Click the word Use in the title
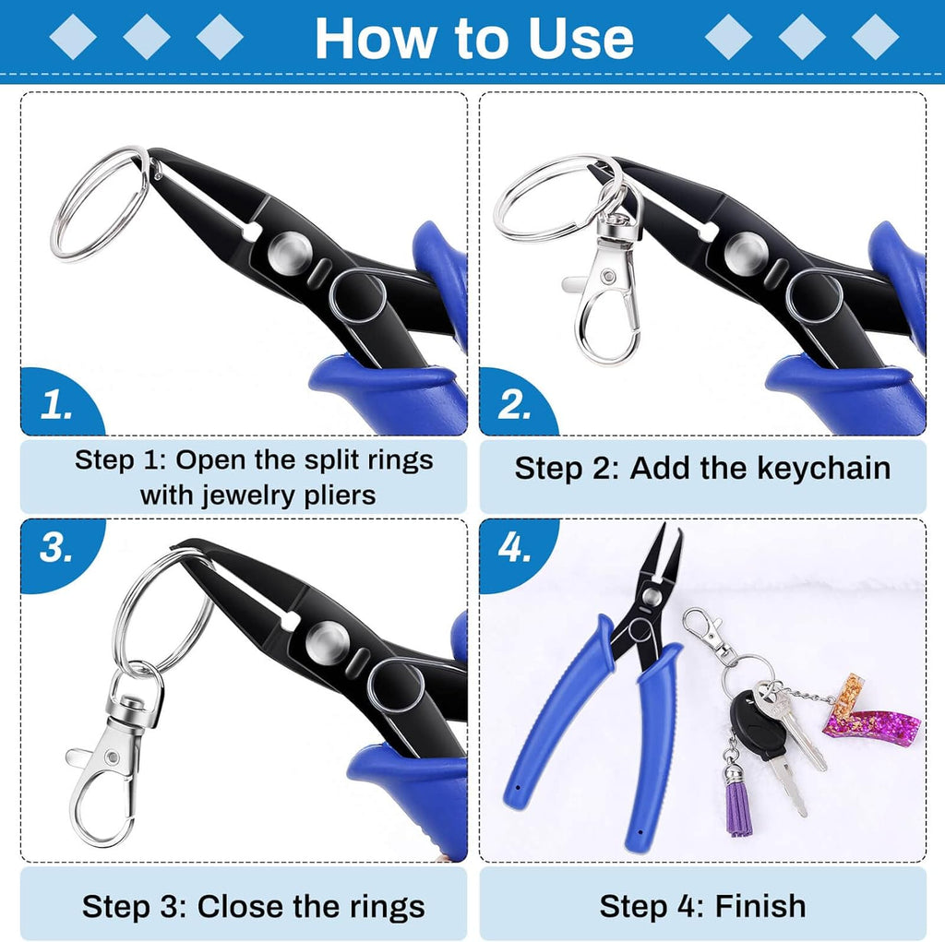pos(580,39)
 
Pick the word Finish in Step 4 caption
pos(760,906)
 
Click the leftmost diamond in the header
pos(73,37)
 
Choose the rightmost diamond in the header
pos(875,37)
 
